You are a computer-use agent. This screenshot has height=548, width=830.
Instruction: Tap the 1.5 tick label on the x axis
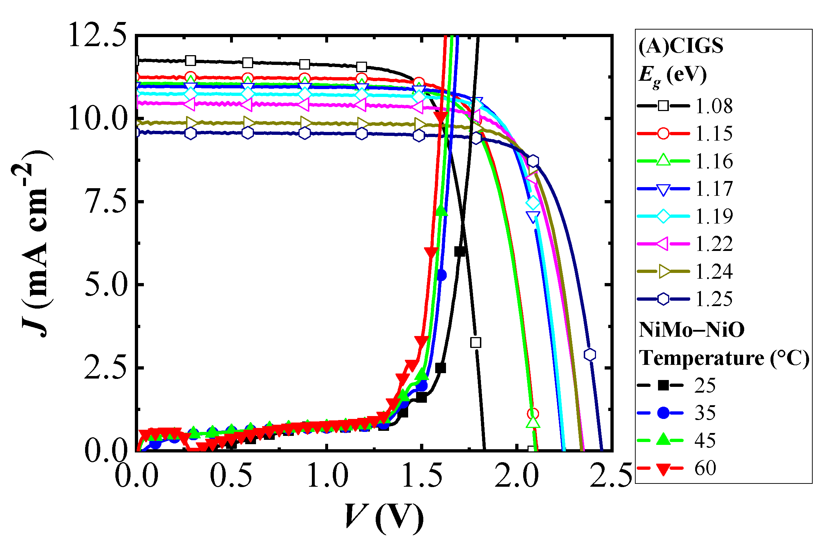coord(421,476)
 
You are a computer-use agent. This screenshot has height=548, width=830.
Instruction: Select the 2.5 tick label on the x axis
coord(611,476)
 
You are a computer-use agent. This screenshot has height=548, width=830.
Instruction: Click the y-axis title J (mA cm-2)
coord(36,243)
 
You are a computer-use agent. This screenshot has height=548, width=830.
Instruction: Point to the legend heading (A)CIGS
coord(681,46)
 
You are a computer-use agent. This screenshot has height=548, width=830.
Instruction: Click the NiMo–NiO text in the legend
coord(691,330)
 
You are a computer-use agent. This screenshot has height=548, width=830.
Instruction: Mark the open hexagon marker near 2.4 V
coord(590,354)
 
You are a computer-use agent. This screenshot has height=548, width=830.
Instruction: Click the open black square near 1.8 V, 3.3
coord(476,342)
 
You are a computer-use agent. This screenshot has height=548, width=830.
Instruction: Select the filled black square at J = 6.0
coord(460,251)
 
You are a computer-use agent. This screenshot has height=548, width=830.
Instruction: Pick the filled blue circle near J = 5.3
coord(441,275)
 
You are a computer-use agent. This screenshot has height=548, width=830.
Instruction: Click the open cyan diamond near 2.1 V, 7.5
coord(533,203)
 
